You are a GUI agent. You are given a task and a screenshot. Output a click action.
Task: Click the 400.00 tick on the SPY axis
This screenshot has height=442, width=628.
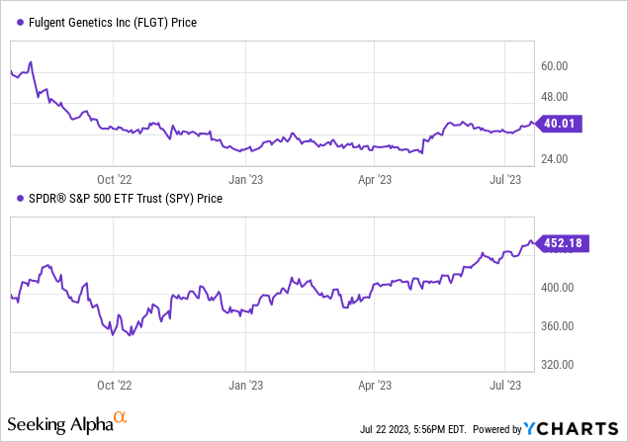(x=561, y=288)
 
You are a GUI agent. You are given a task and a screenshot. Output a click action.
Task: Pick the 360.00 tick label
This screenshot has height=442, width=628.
(x=561, y=326)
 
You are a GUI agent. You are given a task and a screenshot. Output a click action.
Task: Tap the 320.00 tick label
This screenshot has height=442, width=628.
(x=561, y=364)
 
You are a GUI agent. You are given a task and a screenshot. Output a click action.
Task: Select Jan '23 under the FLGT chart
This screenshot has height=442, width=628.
(x=244, y=179)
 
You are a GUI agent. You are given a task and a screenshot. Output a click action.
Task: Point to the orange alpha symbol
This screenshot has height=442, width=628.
(x=120, y=420)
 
